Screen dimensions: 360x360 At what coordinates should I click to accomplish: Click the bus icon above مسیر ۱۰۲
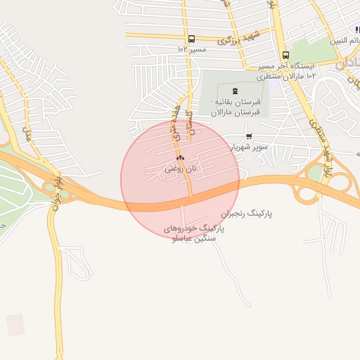tap(191, 39)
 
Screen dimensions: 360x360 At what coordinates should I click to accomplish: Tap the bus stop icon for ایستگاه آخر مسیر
tap(285, 55)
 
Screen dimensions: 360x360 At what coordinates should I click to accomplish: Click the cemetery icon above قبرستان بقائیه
tap(235, 90)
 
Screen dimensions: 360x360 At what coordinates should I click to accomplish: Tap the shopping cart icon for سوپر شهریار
tap(248, 136)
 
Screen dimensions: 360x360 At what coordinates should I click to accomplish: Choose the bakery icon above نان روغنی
tap(181, 157)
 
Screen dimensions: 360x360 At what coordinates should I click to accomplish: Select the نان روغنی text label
tap(179, 169)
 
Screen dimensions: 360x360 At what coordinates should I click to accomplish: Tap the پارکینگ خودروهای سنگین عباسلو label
tap(193, 233)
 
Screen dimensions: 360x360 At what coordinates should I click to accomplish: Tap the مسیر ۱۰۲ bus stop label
tap(192, 50)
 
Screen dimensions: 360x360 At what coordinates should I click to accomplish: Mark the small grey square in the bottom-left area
tap(15, 324)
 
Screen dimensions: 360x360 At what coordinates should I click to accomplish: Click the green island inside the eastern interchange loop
tap(315, 173)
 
